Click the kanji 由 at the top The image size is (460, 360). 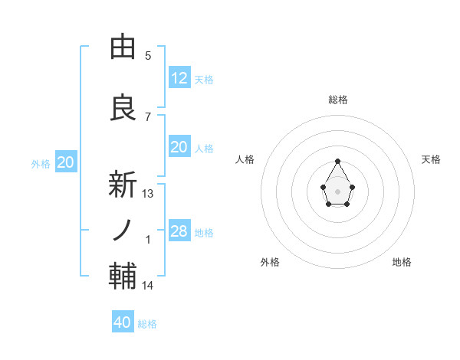pyautogui.click(x=123, y=47)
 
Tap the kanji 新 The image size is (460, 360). pyautogui.click(x=123, y=185)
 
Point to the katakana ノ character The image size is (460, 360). pyautogui.click(x=123, y=231)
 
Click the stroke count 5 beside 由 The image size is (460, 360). pyautogui.click(x=148, y=56)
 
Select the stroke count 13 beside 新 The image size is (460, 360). pyautogui.click(x=148, y=194)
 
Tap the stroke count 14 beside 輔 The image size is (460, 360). pyautogui.click(x=148, y=286)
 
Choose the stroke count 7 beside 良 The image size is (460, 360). pyautogui.click(x=148, y=116)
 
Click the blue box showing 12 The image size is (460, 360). pyautogui.click(x=179, y=77)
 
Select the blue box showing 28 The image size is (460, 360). pyautogui.click(x=179, y=231)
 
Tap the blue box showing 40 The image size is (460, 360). pyautogui.click(x=123, y=322)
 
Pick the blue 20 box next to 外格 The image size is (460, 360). pyautogui.click(x=66, y=162)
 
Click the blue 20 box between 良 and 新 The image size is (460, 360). pyautogui.click(x=179, y=147)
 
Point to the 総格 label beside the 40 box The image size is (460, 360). pyautogui.click(x=147, y=324)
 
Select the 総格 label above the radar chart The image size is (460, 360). pyautogui.click(x=337, y=100)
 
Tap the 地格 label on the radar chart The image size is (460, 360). pyautogui.click(x=402, y=262)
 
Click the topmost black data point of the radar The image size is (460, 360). pyautogui.click(x=337, y=161)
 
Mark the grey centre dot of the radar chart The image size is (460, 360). pyautogui.click(x=337, y=190)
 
